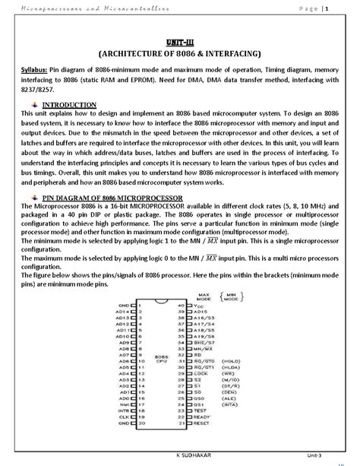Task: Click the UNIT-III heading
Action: pos(180,43)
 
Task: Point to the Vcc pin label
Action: pos(200,305)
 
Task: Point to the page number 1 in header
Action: pos(327,8)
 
